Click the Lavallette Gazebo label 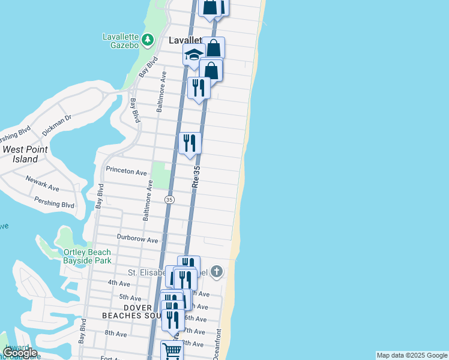pyautogui.click(x=121, y=40)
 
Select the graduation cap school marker pyautogui.click(x=194, y=55)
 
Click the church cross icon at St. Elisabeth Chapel pyautogui.click(x=217, y=272)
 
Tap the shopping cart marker pyautogui.click(x=172, y=350)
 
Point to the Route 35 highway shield pyautogui.click(x=170, y=199)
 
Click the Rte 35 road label pyautogui.click(x=196, y=179)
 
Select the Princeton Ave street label pyautogui.click(x=126, y=172)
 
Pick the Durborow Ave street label pyautogui.click(x=137, y=239)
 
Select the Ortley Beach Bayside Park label pyautogui.click(x=87, y=256)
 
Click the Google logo pyautogui.click(x=20, y=352)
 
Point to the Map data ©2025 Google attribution pyautogui.click(x=412, y=355)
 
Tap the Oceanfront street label pyautogui.click(x=217, y=344)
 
